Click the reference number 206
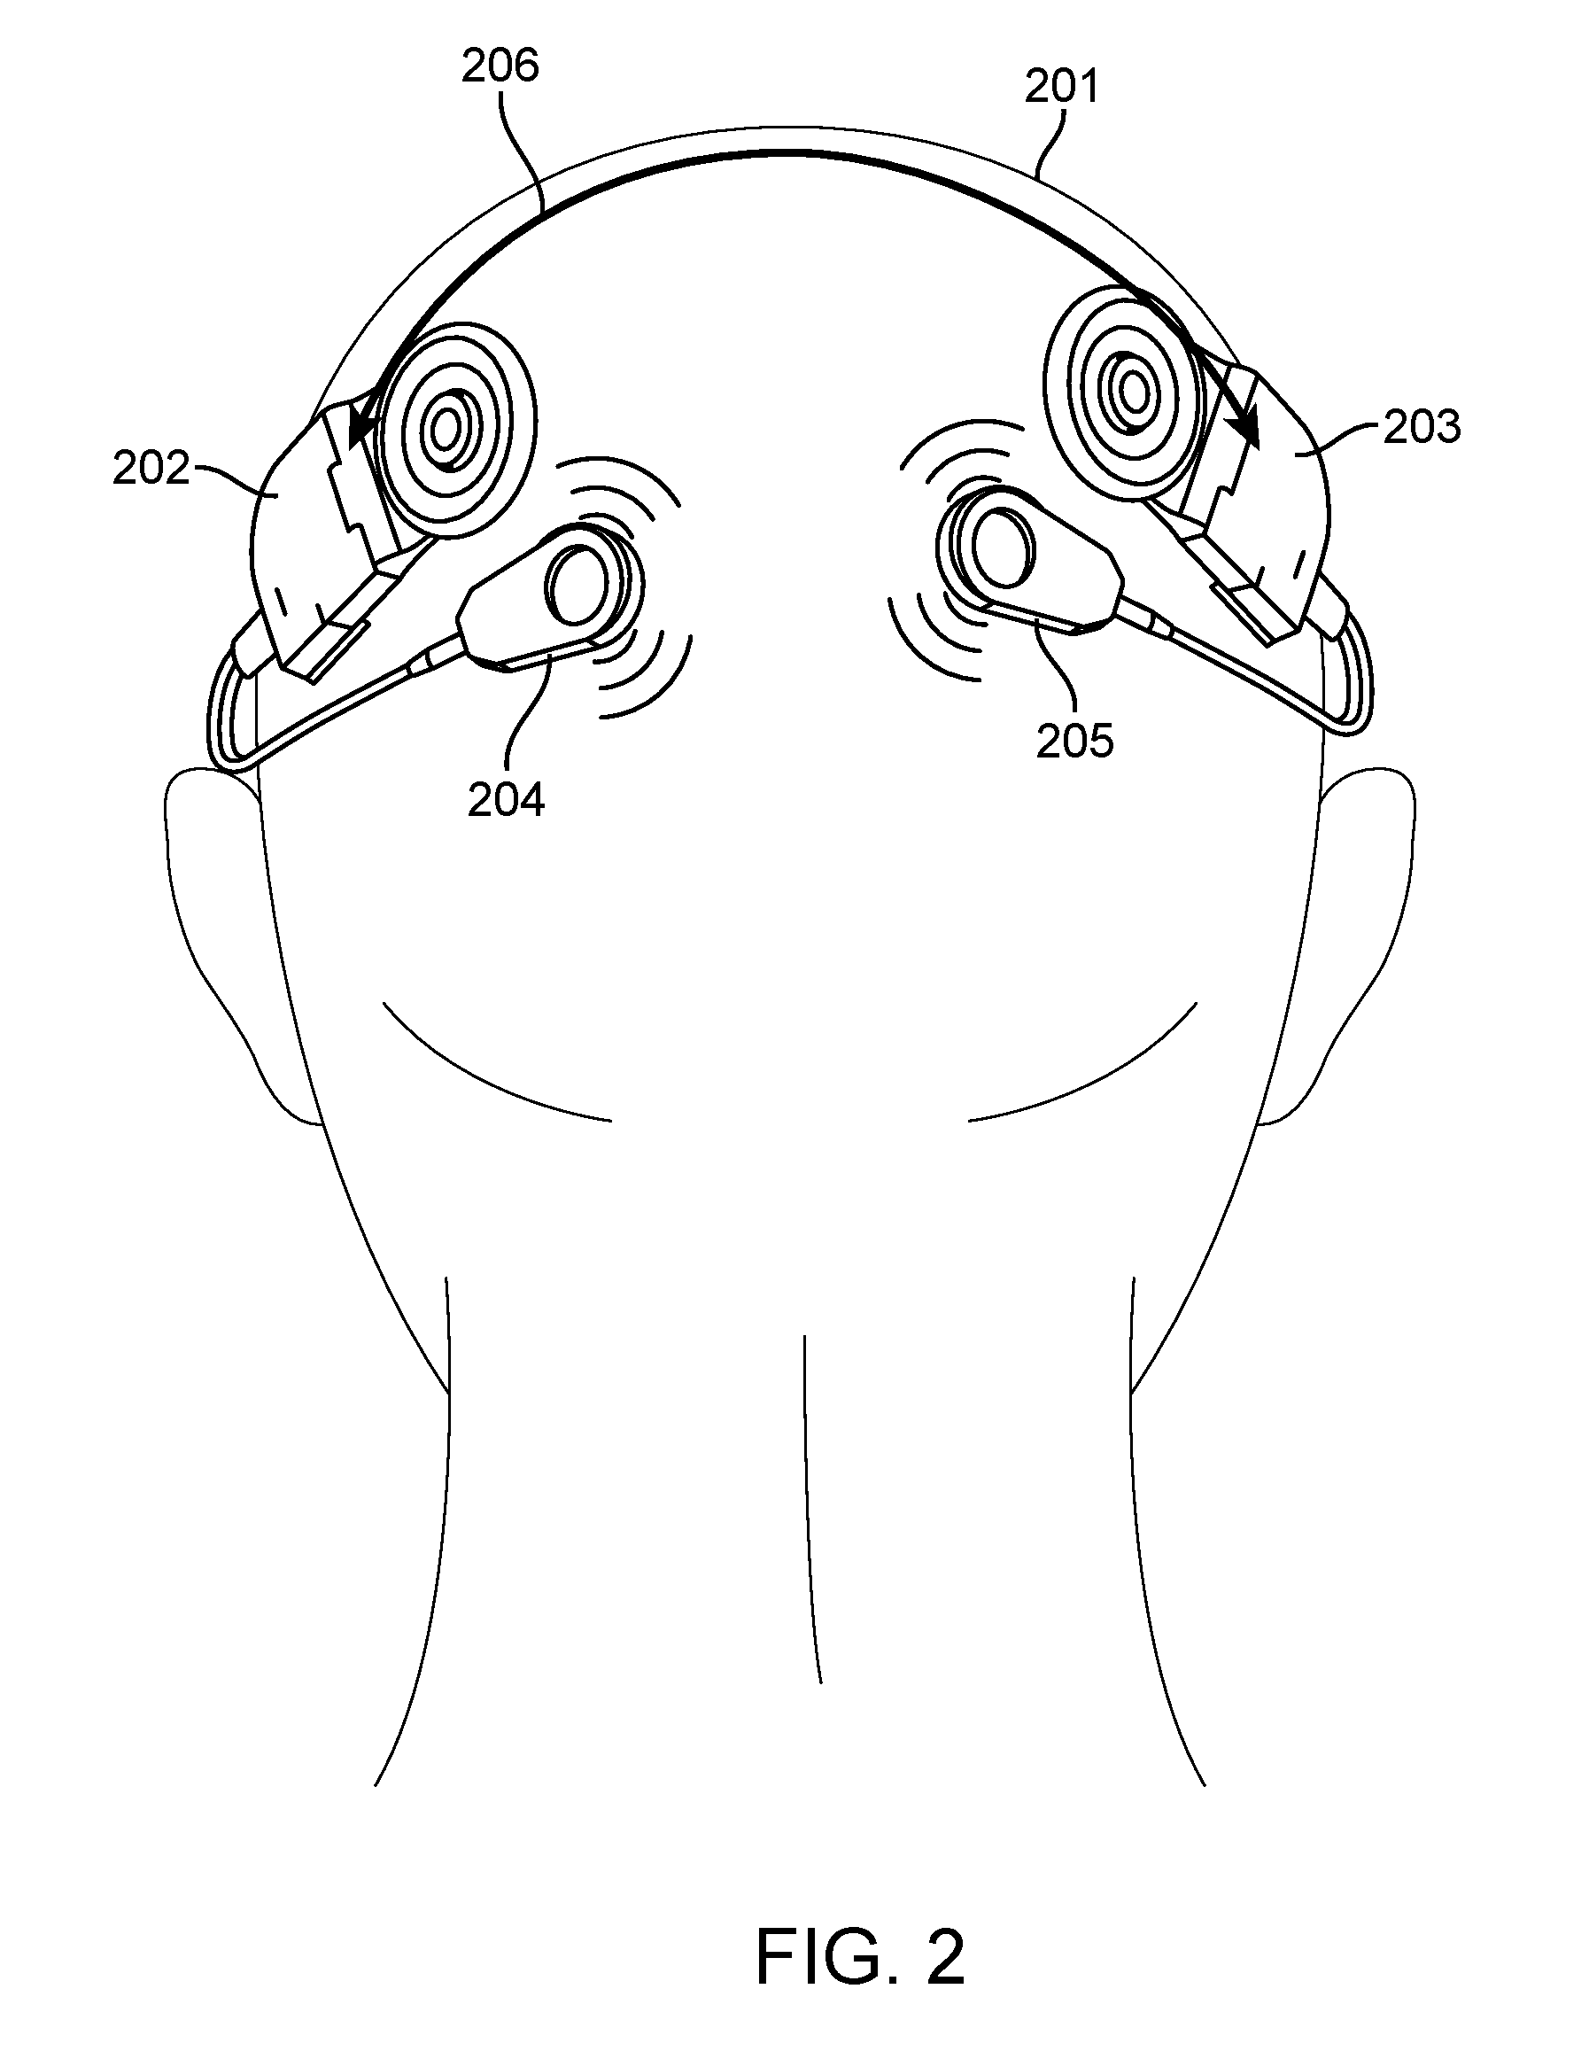(500, 66)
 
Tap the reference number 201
(1061, 87)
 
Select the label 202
(151, 469)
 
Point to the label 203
(1422, 427)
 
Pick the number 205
(1075, 741)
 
